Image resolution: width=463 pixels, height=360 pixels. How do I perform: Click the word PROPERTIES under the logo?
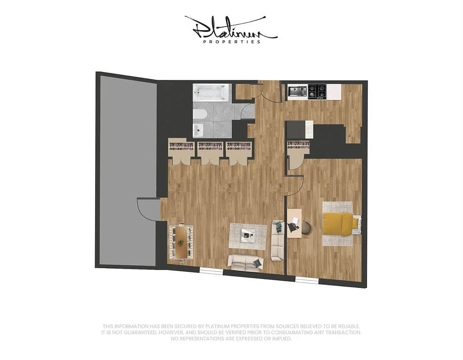(x=231, y=42)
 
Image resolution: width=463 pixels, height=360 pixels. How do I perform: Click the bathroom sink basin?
(x=199, y=130)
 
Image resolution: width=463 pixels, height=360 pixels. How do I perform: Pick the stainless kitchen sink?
(x=297, y=91)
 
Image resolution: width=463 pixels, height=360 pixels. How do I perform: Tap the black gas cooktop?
(x=317, y=91)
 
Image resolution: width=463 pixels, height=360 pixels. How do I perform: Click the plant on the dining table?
(x=181, y=243)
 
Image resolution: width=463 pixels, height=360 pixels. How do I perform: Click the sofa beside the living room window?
(x=245, y=262)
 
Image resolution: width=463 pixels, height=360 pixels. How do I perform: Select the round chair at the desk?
(x=306, y=228)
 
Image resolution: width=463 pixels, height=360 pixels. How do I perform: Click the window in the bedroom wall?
(x=307, y=281)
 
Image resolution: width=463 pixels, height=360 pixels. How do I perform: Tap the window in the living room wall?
(x=211, y=271)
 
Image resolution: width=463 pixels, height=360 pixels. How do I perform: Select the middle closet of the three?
(x=210, y=151)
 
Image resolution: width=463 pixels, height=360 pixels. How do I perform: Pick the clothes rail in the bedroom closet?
(x=299, y=145)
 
